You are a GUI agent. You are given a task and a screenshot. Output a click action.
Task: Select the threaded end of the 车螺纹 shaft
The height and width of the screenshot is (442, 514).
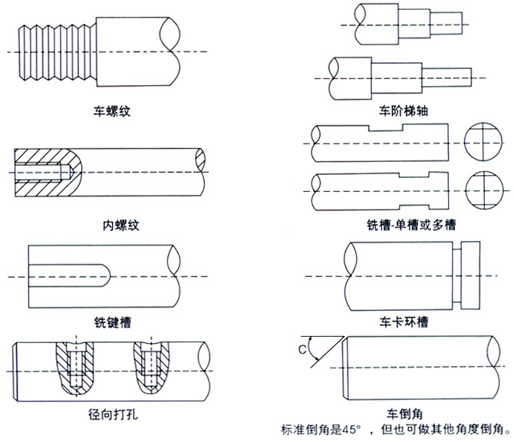click(x=54, y=52)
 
